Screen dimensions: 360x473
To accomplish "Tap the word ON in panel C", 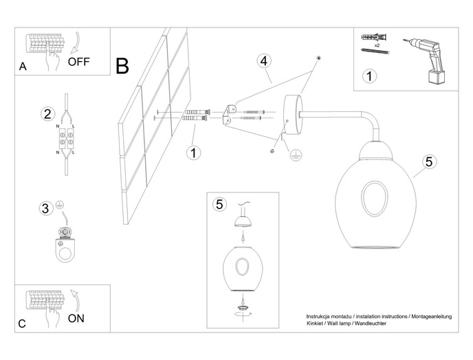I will pos(76,318).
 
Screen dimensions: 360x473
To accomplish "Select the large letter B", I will pos(122,66).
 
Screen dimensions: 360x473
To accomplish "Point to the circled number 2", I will pos(47,114).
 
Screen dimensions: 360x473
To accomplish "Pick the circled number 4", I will pos(264,60).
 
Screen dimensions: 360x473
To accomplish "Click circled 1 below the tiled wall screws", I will pos(195,153).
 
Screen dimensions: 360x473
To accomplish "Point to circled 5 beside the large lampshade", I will pos(429,162).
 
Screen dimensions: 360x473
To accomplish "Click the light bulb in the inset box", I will pos(241,236).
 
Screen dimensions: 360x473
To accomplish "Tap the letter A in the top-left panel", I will pos(23,67).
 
